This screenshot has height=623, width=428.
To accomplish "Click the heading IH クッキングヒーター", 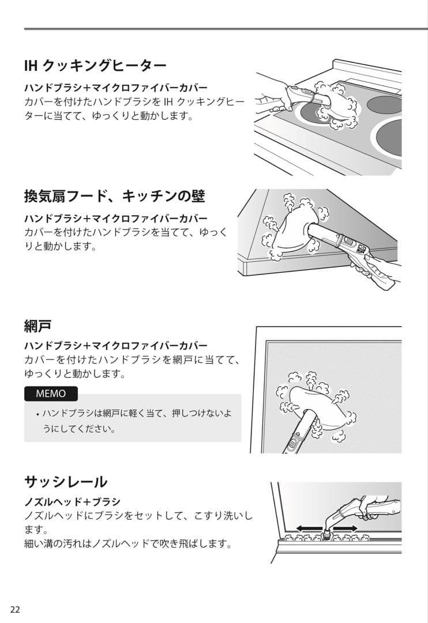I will click(x=95, y=65).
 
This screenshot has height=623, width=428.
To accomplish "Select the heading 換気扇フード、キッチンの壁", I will click(x=114, y=196).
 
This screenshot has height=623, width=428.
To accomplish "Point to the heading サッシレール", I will click(x=66, y=481).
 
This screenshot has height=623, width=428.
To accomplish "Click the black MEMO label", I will click(x=51, y=394).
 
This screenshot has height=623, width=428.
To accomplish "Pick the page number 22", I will click(x=15, y=610).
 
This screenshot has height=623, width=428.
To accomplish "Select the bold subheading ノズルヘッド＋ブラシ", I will click(x=72, y=501).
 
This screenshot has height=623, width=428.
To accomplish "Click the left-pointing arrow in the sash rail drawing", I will click(x=309, y=528).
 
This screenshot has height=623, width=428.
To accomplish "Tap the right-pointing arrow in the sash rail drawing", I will click(x=346, y=528).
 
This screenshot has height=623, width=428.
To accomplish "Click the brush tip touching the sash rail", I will click(x=328, y=536).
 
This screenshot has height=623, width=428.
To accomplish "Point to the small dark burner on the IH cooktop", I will click(x=385, y=104).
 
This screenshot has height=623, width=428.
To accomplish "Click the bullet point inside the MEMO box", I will click(x=37, y=415).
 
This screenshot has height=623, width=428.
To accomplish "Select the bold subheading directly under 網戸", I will click(x=115, y=346).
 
